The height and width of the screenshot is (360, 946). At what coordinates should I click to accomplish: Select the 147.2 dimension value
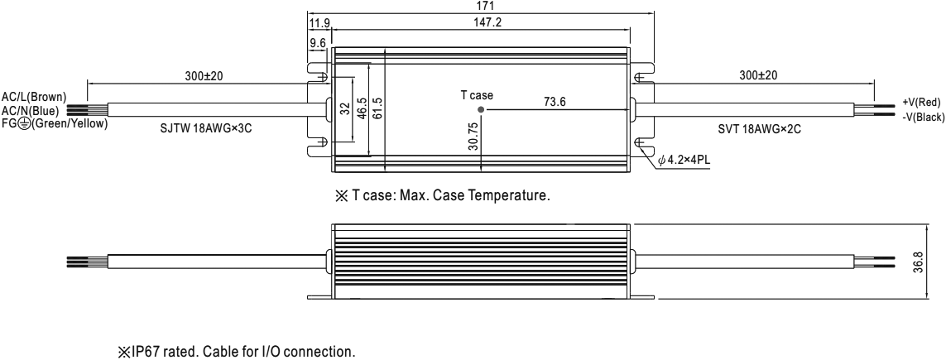coord(488,23)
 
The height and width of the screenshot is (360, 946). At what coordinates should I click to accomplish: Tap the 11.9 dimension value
coord(319,23)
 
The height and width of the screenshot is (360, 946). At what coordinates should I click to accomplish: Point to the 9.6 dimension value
coord(317,43)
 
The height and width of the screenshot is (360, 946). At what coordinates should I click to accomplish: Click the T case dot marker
coord(481,110)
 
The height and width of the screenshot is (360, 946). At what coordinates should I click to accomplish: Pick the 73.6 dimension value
coord(555,102)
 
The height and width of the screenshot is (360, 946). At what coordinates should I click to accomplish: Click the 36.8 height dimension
coord(934,262)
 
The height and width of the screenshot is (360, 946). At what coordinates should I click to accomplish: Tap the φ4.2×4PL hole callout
coord(685,161)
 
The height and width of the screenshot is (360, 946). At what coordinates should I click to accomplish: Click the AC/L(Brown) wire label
coord(34,97)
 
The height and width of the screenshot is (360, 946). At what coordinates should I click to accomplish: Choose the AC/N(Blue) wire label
coord(30,111)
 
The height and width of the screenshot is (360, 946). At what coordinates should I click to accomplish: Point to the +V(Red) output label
coord(921,102)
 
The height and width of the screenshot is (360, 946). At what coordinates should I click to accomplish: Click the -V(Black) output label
coord(923,118)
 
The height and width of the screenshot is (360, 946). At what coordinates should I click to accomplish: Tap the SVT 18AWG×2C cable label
coord(759,128)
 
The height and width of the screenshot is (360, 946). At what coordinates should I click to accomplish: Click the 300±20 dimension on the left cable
coord(203,76)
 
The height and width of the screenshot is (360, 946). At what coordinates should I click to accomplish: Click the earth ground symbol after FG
coord(23,123)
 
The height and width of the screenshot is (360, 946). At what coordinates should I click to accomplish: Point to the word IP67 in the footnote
coord(146,352)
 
